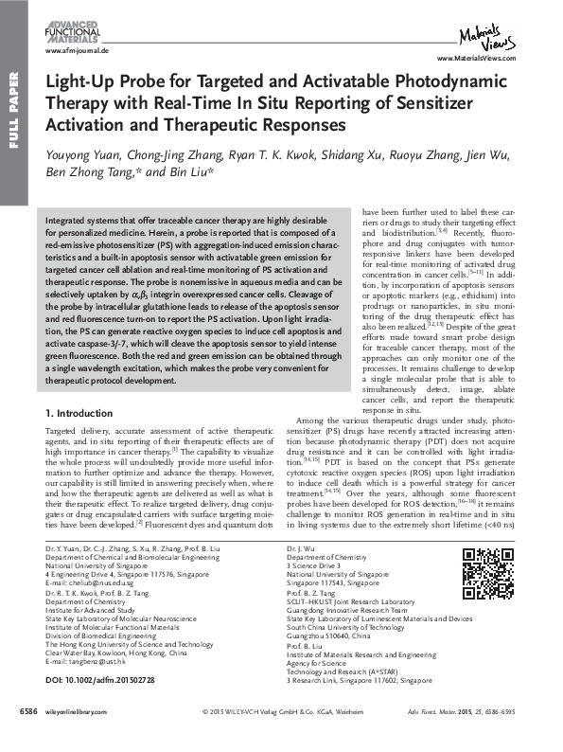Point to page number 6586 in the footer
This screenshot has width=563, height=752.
(x=30, y=736)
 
